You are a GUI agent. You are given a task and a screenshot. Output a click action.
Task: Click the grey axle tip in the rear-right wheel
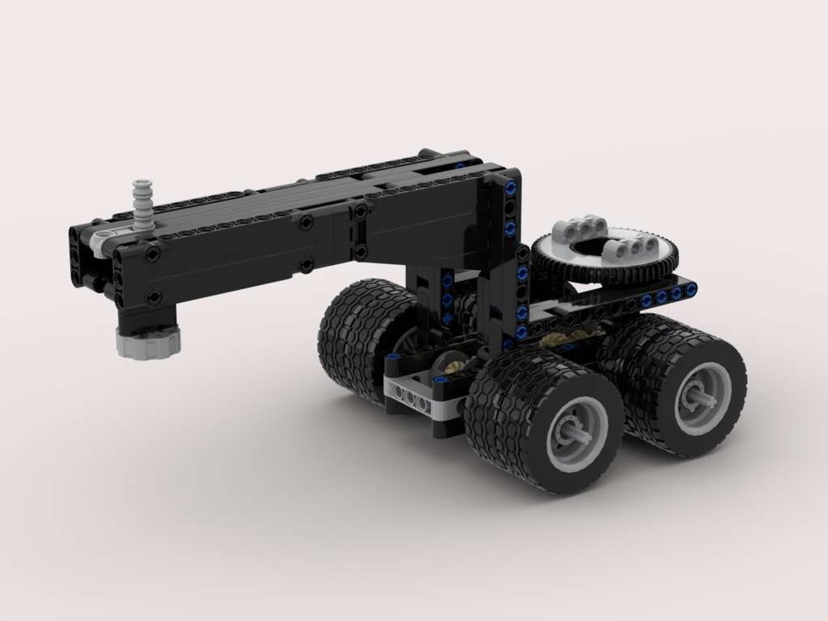(700, 395)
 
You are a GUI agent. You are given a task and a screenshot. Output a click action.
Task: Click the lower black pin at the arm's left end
(154, 296)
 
